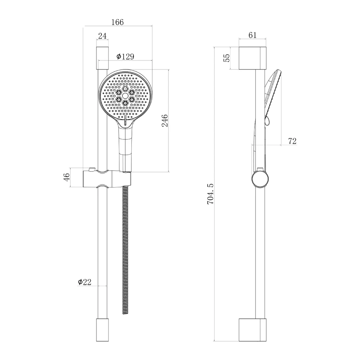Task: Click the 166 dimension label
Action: [x=117, y=22]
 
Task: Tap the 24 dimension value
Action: [x=102, y=36]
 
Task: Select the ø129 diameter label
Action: [x=125, y=56]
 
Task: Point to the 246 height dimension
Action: [x=165, y=120]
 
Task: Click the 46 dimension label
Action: [x=67, y=177]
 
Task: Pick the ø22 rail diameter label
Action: [x=85, y=282]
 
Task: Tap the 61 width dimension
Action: [x=252, y=35]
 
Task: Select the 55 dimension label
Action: [x=226, y=58]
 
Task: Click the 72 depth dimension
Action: [x=292, y=141]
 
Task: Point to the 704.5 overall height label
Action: [x=210, y=194]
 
